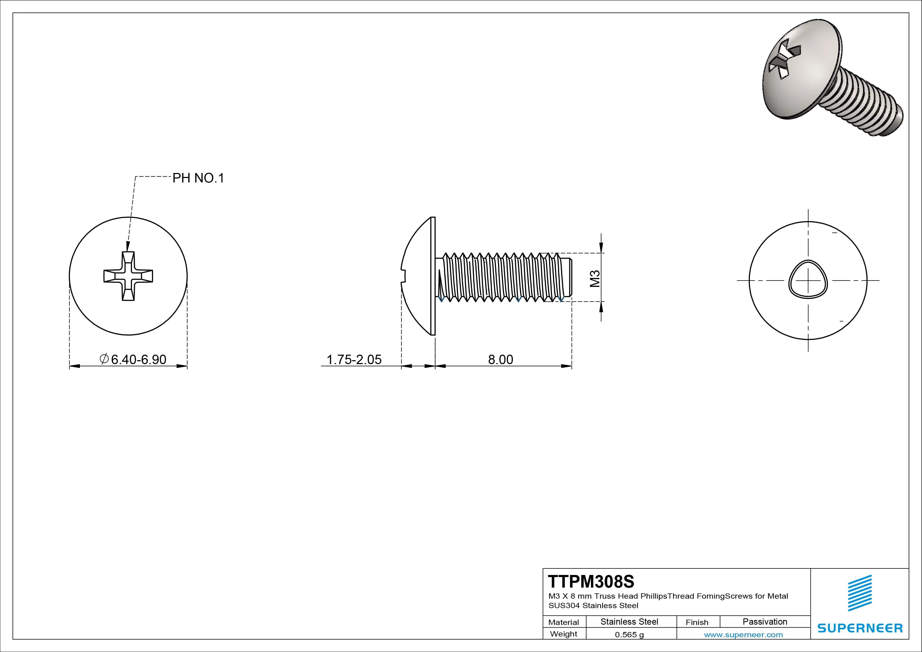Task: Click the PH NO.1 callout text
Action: [x=198, y=178]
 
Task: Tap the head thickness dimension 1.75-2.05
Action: [x=354, y=359]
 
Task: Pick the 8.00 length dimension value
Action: [x=500, y=359]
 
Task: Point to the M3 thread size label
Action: [x=595, y=278]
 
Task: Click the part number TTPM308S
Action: [x=591, y=581]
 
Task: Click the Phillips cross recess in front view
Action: [x=128, y=276]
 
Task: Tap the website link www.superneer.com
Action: [x=743, y=635]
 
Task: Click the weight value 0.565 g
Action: [x=629, y=635]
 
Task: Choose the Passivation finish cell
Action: [x=765, y=622]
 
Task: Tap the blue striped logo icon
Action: [x=859, y=593]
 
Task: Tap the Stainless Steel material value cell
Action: [x=629, y=622]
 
